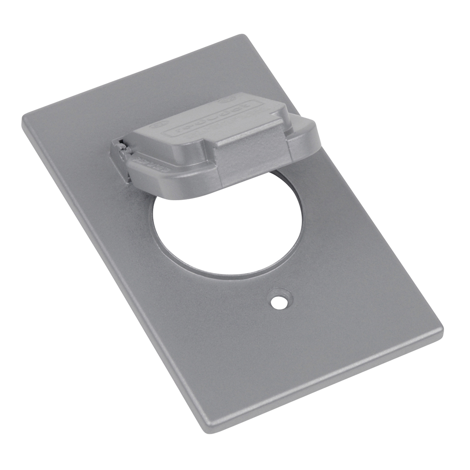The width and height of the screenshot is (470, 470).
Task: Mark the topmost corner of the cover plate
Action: point(242,36)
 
